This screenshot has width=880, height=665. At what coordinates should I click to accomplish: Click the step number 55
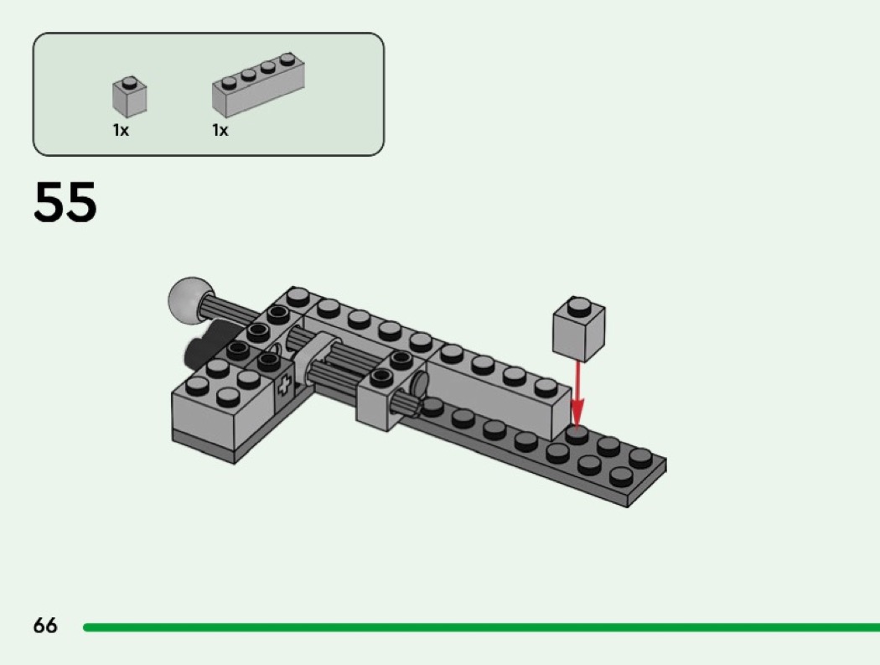(65, 201)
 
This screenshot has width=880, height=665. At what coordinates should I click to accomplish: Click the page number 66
(45, 625)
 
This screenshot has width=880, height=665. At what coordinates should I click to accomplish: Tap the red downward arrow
(577, 394)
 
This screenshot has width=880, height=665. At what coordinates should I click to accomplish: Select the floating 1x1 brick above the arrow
(578, 330)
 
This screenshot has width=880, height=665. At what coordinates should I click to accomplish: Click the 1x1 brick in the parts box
(130, 97)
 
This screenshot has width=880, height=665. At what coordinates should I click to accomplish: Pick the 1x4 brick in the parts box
(258, 85)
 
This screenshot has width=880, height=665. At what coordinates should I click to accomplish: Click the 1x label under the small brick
(121, 130)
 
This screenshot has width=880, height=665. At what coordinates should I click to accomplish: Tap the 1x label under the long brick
(220, 130)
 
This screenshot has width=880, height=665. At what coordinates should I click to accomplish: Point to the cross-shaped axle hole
(284, 387)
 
